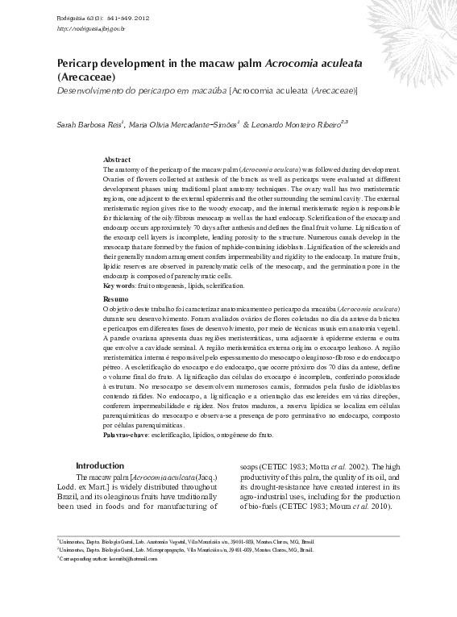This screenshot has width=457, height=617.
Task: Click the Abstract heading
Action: pyautogui.click(x=117, y=161)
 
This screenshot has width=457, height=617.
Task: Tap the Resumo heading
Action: pyautogui.click(x=116, y=299)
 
